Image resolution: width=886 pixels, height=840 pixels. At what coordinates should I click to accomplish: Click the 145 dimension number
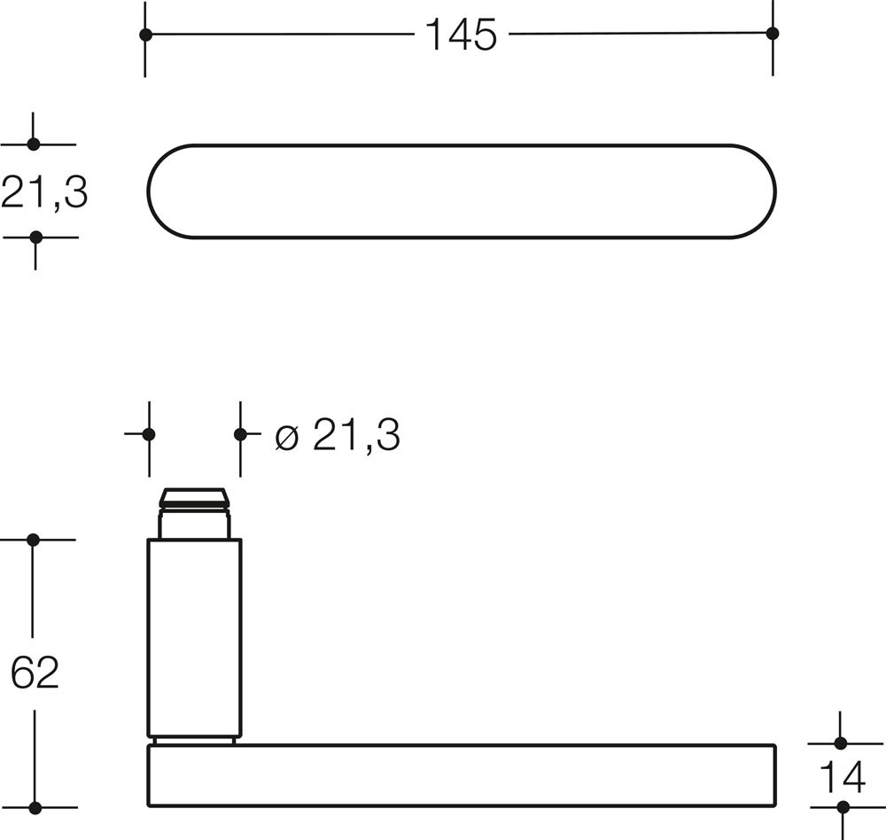(461, 35)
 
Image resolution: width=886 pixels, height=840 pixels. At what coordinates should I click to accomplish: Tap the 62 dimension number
(35, 673)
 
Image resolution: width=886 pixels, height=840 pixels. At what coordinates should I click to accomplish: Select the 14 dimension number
(842, 777)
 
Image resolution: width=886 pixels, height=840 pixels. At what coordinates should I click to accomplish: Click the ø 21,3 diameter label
(338, 435)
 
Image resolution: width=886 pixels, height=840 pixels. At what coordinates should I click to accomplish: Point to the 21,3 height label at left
(44, 192)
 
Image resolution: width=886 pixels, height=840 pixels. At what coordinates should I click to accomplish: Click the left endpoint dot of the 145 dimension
(145, 35)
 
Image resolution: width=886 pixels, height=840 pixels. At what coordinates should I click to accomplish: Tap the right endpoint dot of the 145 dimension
(773, 34)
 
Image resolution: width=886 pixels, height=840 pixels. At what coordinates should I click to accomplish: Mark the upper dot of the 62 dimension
(33, 540)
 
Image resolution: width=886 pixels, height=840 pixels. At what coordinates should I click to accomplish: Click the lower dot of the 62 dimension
(35, 808)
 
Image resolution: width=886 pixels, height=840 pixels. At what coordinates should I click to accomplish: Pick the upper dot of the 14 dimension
(840, 743)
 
